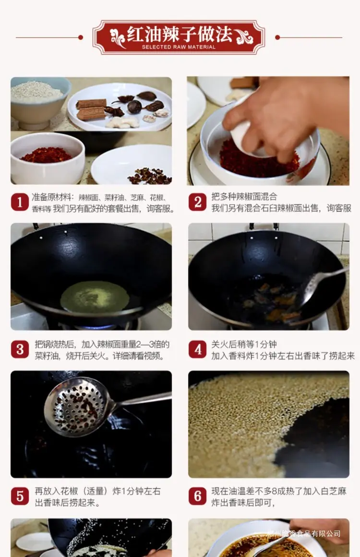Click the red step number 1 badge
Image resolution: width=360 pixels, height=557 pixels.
[20, 202]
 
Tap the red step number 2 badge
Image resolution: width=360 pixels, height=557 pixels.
[198, 202]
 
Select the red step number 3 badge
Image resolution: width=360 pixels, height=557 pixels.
[20, 350]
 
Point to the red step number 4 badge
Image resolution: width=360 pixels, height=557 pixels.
[198, 350]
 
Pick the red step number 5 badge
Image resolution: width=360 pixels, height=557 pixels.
[20, 496]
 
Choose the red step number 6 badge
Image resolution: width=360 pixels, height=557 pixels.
[198, 496]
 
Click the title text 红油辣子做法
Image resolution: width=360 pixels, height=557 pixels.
[180, 34]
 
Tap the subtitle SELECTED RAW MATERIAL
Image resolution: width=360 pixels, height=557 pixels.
[179, 47]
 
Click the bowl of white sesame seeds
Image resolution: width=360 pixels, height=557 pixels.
[37, 101]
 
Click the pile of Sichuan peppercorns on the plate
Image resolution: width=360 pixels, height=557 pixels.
[149, 176]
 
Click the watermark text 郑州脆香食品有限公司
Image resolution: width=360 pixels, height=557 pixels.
[304, 533]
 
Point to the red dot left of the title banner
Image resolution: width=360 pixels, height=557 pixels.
[81, 37]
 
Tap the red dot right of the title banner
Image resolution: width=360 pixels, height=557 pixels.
[277, 37]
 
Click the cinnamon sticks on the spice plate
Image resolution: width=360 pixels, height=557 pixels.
[91, 109]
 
